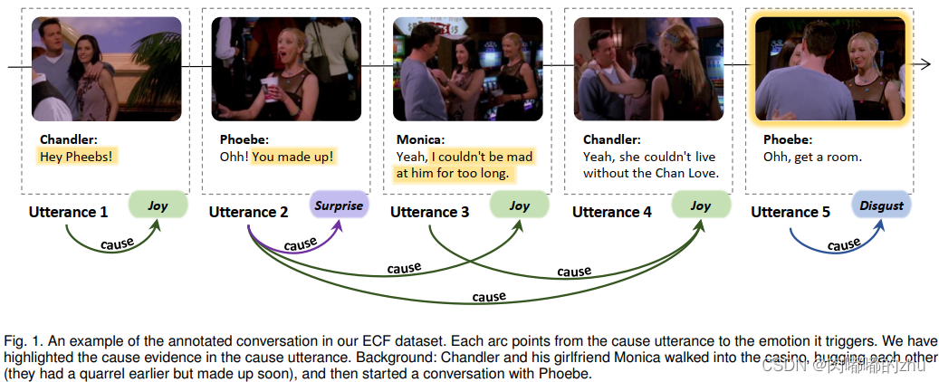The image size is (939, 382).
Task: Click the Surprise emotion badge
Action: (x=339, y=205)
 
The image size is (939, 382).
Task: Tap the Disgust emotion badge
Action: (x=881, y=205)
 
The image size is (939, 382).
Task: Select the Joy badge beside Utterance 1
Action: (x=158, y=205)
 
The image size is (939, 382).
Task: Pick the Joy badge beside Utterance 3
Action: (x=519, y=205)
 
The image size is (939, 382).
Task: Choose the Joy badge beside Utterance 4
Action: (x=700, y=205)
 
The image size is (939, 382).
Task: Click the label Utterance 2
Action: (x=248, y=212)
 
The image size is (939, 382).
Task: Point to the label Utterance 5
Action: (x=790, y=212)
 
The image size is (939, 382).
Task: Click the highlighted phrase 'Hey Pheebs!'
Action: (x=78, y=157)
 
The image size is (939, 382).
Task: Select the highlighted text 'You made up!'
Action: (x=292, y=157)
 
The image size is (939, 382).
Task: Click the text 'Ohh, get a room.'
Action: (x=813, y=157)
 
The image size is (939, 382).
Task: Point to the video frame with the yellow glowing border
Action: (x=829, y=68)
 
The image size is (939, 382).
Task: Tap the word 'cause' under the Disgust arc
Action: (x=843, y=245)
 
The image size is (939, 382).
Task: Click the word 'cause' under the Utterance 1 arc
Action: (x=118, y=244)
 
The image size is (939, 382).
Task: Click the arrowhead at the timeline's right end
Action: (x=927, y=64)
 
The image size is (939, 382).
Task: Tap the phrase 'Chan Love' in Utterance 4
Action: (x=685, y=173)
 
